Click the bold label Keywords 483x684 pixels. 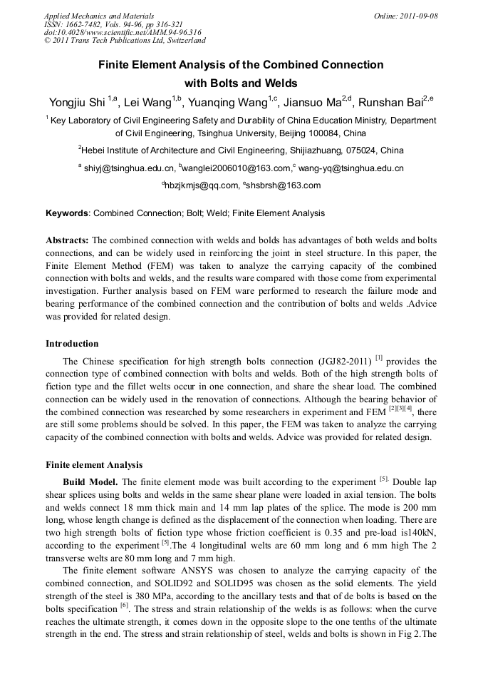coord(67,213)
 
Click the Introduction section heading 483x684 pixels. coord(72,344)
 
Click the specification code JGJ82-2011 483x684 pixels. coord(338,362)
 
